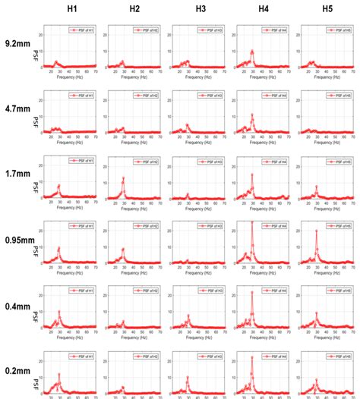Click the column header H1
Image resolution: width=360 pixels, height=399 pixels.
click(x=71, y=9)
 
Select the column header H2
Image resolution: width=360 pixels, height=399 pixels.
click(x=134, y=9)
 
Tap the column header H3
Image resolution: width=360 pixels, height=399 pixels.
click(x=200, y=9)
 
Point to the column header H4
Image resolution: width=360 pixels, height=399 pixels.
click(x=264, y=9)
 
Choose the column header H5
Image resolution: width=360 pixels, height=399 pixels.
click(x=327, y=9)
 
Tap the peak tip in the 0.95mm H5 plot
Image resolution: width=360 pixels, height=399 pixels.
click(x=316, y=231)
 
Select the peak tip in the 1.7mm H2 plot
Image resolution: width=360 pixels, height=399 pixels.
click(x=123, y=178)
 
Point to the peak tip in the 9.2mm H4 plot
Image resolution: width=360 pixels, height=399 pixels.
click(x=252, y=52)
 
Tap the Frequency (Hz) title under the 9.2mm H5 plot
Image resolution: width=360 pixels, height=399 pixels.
click(x=327, y=77)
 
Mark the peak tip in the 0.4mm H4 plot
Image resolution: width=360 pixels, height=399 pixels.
click(x=252, y=293)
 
